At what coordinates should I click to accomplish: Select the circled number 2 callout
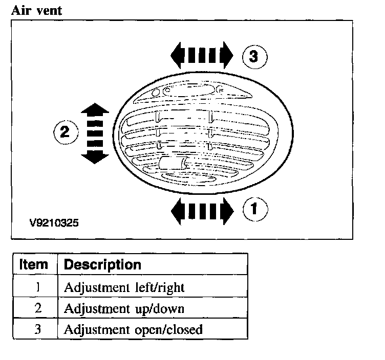[x=66, y=132]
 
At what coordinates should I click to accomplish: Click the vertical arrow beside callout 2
[x=95, y=133]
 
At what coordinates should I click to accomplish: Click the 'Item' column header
[x=35, y=265]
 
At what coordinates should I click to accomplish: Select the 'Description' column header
[x=102, y=265]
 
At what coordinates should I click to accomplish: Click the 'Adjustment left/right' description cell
[x=123, y=287]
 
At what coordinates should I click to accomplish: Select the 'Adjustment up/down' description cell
[x=123, y=309]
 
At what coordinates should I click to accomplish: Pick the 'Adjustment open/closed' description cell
[x=133, y=330]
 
